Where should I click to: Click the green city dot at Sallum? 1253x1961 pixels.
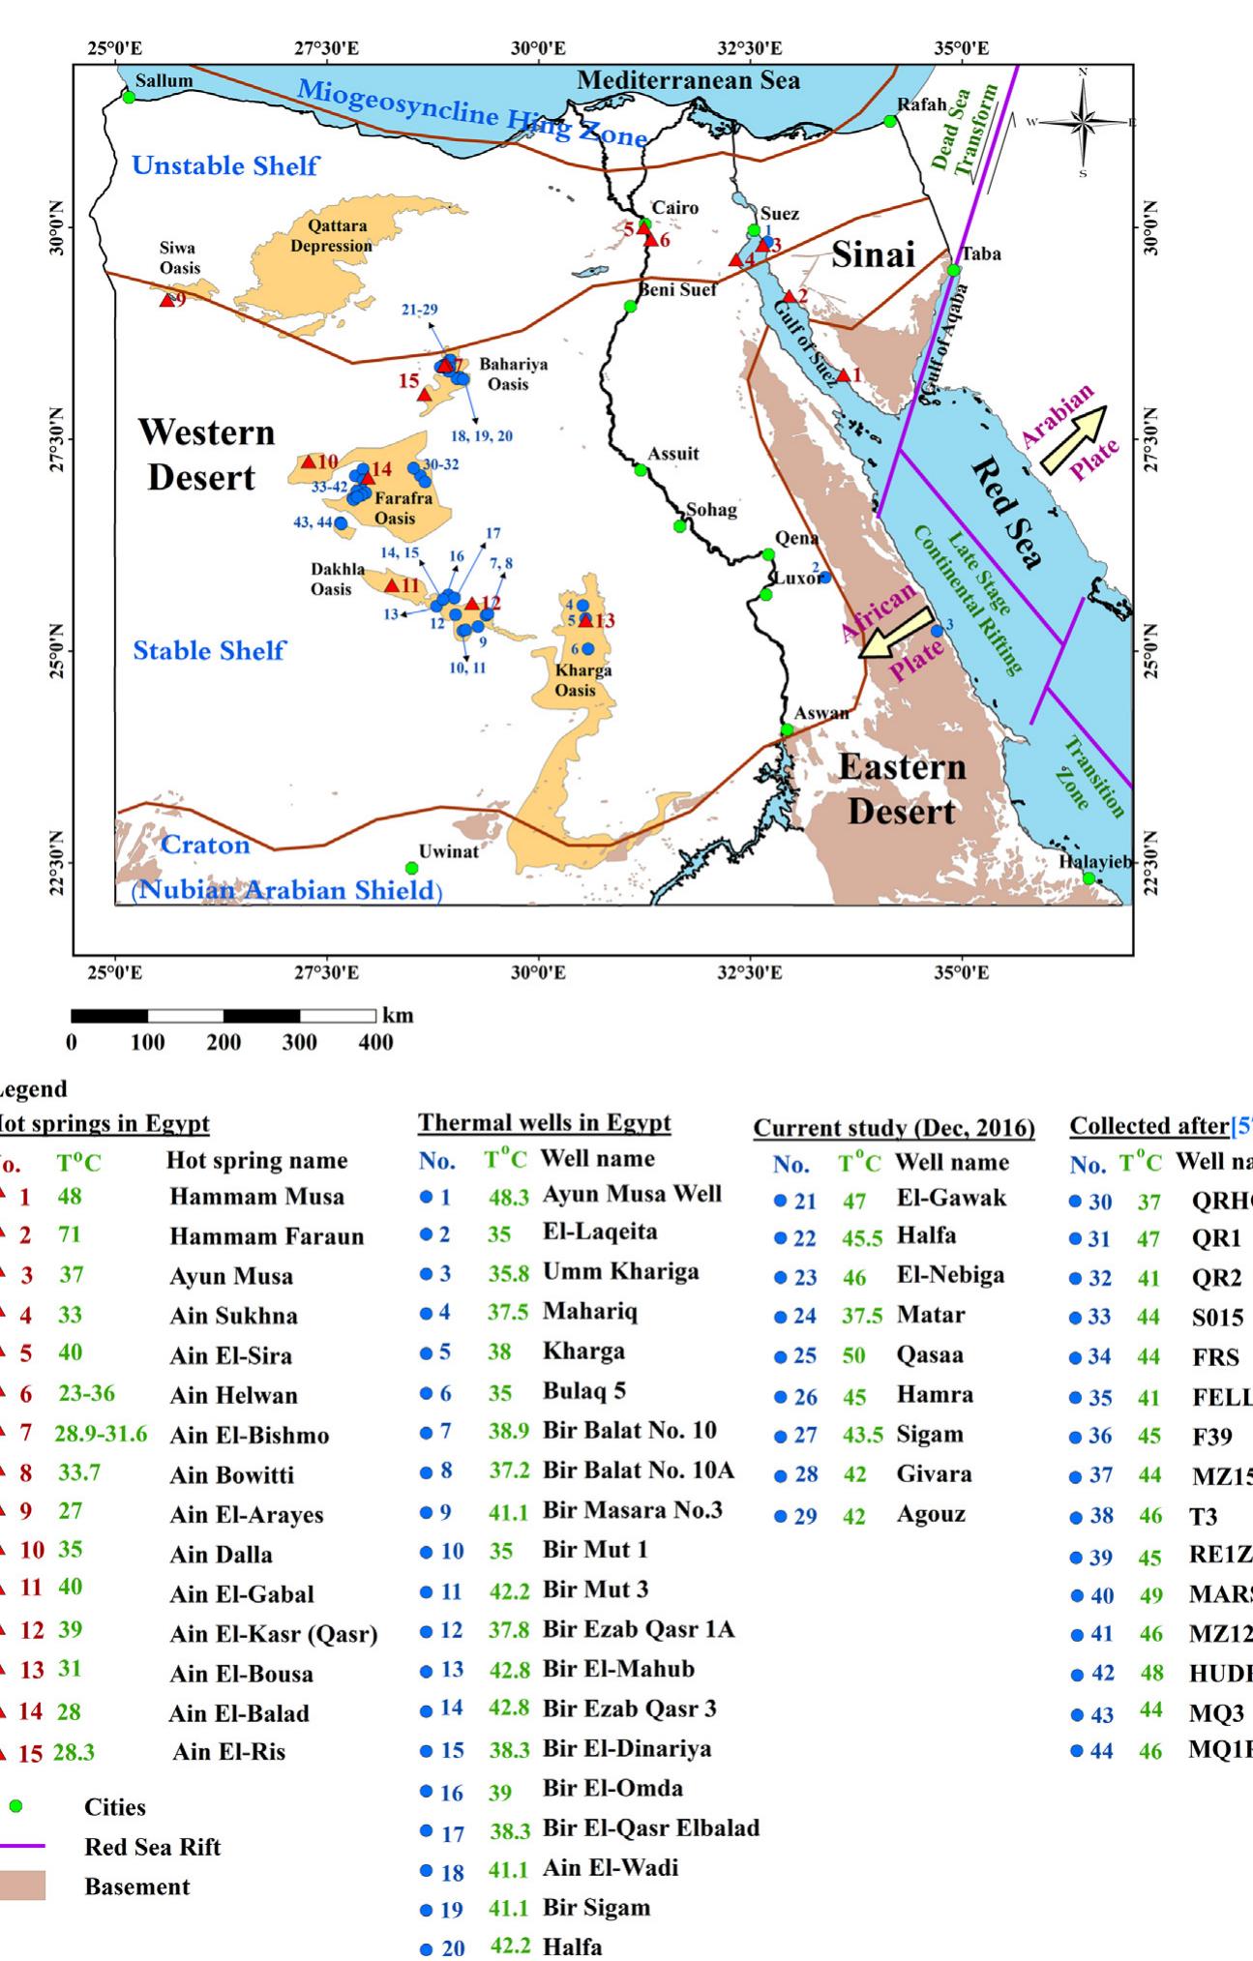129,97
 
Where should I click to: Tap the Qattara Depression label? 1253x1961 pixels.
331,235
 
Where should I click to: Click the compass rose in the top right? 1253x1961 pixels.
1083,122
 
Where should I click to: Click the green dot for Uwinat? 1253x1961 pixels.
411,868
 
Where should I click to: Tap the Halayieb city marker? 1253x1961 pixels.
1089,878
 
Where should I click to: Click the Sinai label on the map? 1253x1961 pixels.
873,254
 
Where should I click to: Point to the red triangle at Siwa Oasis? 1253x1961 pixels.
166,301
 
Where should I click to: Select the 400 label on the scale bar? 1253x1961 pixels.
375,1043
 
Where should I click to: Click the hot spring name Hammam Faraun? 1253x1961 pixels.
266,1236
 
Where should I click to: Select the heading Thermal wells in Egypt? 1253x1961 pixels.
544,1123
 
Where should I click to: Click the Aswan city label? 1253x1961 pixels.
821,714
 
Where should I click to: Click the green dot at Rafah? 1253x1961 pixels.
890,121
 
